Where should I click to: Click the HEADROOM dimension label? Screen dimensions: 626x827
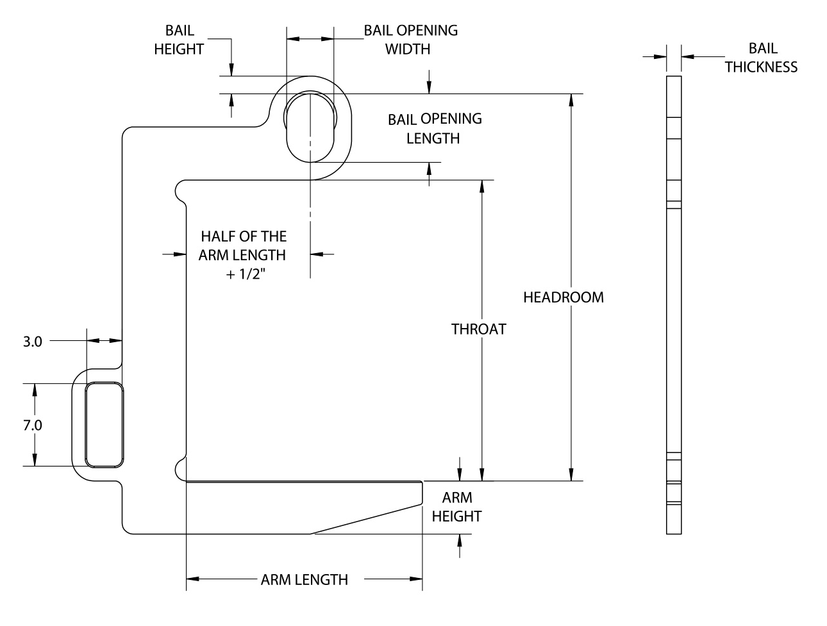coord(563,297)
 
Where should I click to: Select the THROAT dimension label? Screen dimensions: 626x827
coord(478,329)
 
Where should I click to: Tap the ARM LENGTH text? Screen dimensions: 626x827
coord(304,580)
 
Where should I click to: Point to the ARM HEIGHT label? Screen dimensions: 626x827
coord(456,506)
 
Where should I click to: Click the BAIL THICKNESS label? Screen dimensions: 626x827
coord(761,58)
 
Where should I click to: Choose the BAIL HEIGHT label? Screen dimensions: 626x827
coord(179,40)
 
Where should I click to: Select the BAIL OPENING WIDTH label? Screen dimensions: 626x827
coord(410,40)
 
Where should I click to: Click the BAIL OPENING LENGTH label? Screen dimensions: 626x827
coord(434,128)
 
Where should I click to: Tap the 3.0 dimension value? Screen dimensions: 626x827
coord(32,342)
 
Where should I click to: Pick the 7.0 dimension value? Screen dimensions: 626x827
coord(32,425)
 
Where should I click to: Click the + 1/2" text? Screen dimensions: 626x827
coord(242,272)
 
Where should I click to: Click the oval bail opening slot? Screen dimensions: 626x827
coord(310,126)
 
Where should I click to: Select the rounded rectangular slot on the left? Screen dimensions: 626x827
coord(104,425)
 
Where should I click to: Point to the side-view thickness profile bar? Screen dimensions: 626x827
coord(673,304)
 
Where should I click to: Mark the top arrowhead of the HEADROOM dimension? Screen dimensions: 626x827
coord(570,100)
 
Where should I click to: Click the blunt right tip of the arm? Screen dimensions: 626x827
coord(421,491)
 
